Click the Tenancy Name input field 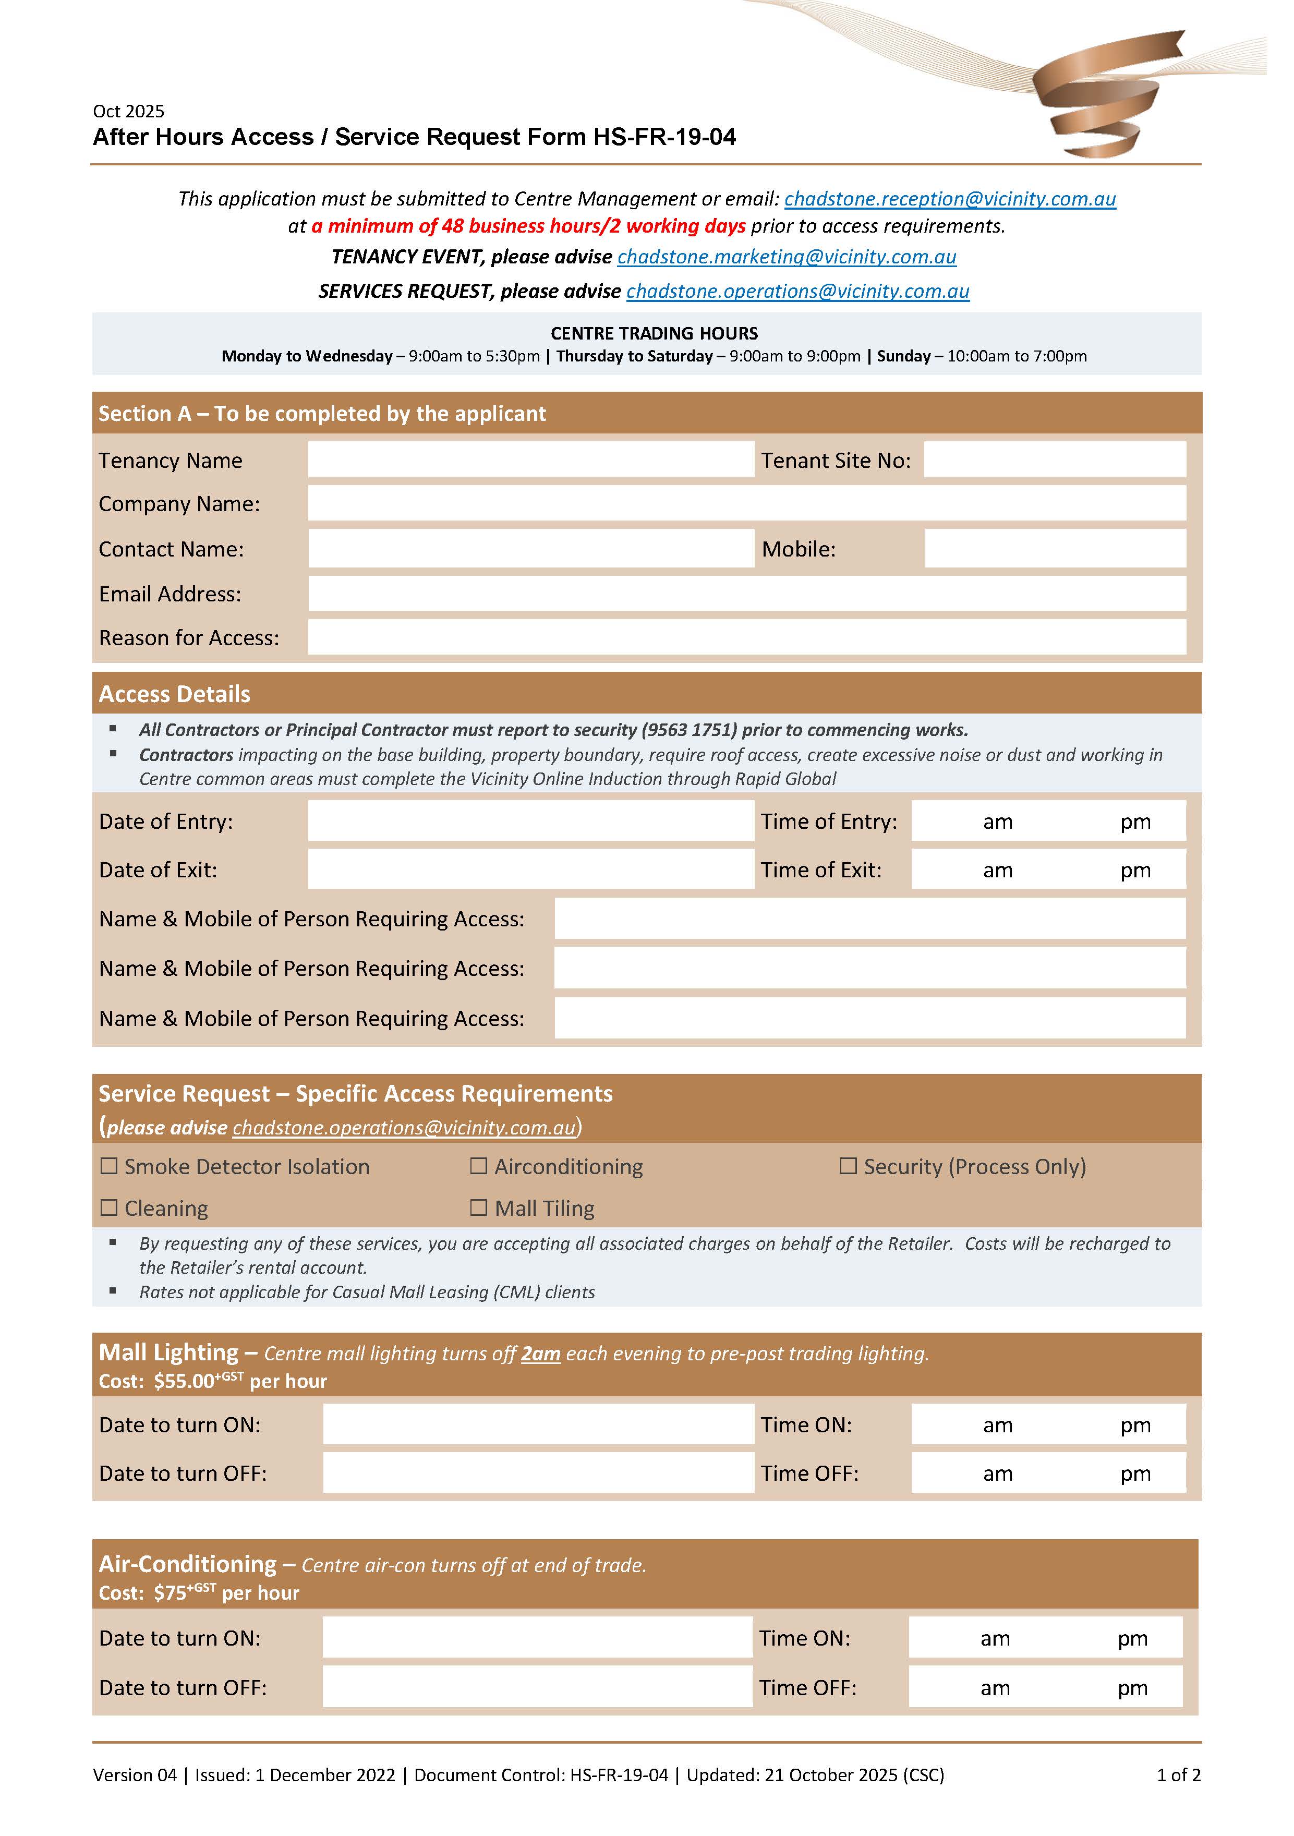(x=530, y=460)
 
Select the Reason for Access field (x=746, y=637)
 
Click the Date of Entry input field (x=530, y=821)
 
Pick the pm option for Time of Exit (x=1135, y=870)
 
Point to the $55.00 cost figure (x=184, y=1381)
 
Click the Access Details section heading (x=174, y=694)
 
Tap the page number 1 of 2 (x=1178, y=1774)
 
